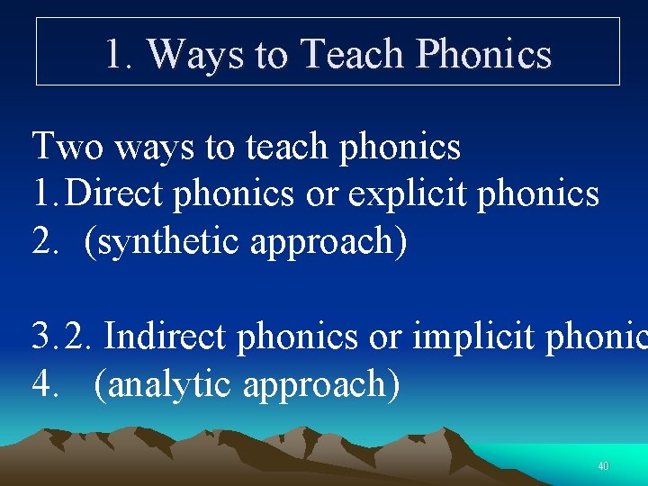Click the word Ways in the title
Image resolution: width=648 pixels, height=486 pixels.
[x=195, y=54]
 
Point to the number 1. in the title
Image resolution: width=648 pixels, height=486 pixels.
[x=120, y=54]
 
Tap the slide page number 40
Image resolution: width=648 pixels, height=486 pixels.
[x=603, y=466]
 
